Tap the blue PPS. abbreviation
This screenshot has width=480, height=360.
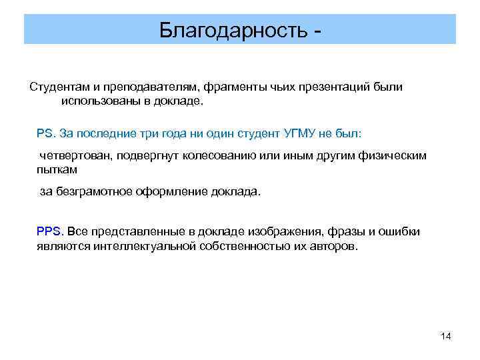pyautogui.click(x=50, y=231)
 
